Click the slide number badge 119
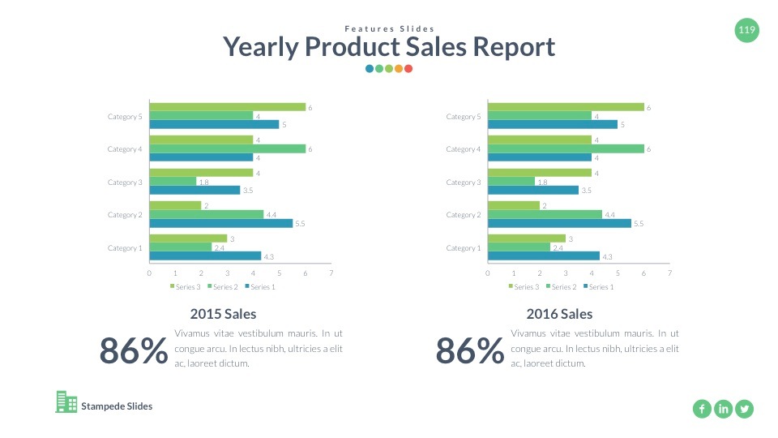(x=747, y=31)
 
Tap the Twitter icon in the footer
(x=744, y=409)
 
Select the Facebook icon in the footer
(x=702, y=409)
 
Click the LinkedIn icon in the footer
(x=723, y=409)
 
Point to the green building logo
(x=66, y=402)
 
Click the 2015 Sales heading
(x=223, y=314)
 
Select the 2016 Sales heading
(x=559, y=314)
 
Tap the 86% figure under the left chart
(x=134, y=351)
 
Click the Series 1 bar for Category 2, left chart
(x=220, y=223)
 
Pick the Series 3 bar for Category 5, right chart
(x=566, y=107)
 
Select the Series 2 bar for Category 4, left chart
(x=227, y=149)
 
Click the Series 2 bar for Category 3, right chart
(x=511, y=182)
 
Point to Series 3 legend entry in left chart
(x=186, y=286)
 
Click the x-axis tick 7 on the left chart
(x=331, y=273)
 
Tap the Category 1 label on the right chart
(x=463, y=248)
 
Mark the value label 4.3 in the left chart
(x=268, y=256)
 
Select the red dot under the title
(x=408, y=69)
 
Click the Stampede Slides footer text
(x=117, y=406)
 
